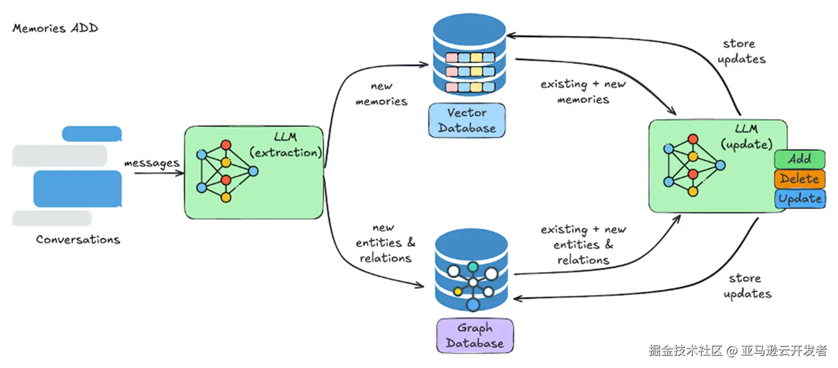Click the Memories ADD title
pyautogui.click(x=55, y=28)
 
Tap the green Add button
pyautogui.click(x=799, y=159)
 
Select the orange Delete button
pyautogui.click(x=799, y=179)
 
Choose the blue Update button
pyautogui.click(x=800, y=199)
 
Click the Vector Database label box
pyautogui.click(x=467, y=120)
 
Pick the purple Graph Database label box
pyautogui.click(x=475, y=336)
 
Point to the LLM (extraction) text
pyautogui.click(x=285, y=145)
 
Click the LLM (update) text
pyautogui.click(x=746, y=137)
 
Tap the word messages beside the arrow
pyautogui.click(x=152, y=163)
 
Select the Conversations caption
pyautogui.click(x=78, y=240)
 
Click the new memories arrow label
pyautogui.click(x=382, y=94)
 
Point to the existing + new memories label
pyautogui.click(x=583, y=92)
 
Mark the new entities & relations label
pyautogui.click(x=385, y=243)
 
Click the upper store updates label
pyautogui.click(x=741, y=52)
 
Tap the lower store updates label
pyautogui.click(x=747, y=286)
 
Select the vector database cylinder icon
pyautogui.click(x=469, y=55)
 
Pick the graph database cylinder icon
pyautogui.click(x=471, y=270)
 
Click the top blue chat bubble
pyautogui.click(x=92, y=134)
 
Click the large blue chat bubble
pyautogui.click(x=77, y=189)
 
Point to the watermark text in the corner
pyautogui.click(x=737, y=351)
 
